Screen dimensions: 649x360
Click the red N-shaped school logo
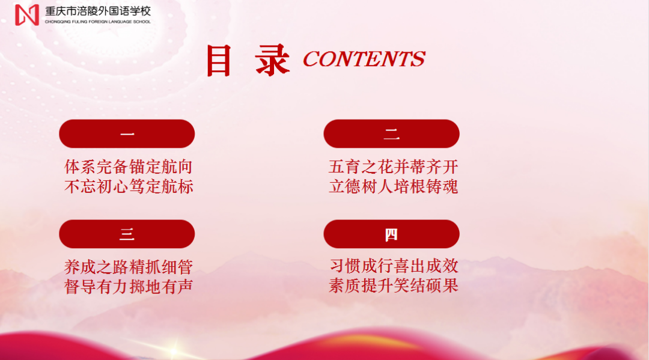[27, 15]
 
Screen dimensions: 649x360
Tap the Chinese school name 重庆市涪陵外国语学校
[98, 11]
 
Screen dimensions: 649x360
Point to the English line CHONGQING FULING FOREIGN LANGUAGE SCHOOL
[98, 22]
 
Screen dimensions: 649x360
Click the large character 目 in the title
[219, 61]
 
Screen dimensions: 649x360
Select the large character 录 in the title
[272, 61]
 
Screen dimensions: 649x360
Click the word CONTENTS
[364, 59]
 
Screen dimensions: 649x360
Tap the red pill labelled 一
[127, 133]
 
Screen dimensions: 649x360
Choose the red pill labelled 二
[392, 133]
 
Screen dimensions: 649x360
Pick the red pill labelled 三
[127, 234]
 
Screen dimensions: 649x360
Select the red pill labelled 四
[392, 234]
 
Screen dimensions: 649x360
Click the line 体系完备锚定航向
[129, 166]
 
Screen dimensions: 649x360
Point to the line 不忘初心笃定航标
[129, 187]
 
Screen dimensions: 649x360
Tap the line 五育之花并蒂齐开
[393, 166]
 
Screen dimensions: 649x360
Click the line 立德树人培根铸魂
[393, 187]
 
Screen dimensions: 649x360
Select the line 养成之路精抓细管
[129, 267]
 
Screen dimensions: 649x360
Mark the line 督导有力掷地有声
[129, 286]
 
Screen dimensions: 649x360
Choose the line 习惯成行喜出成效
[394, 266]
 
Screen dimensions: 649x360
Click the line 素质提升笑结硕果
[394, 285]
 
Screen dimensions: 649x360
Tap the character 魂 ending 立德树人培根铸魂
[450, 187]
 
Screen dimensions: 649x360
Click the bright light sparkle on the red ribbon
[174, 351]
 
